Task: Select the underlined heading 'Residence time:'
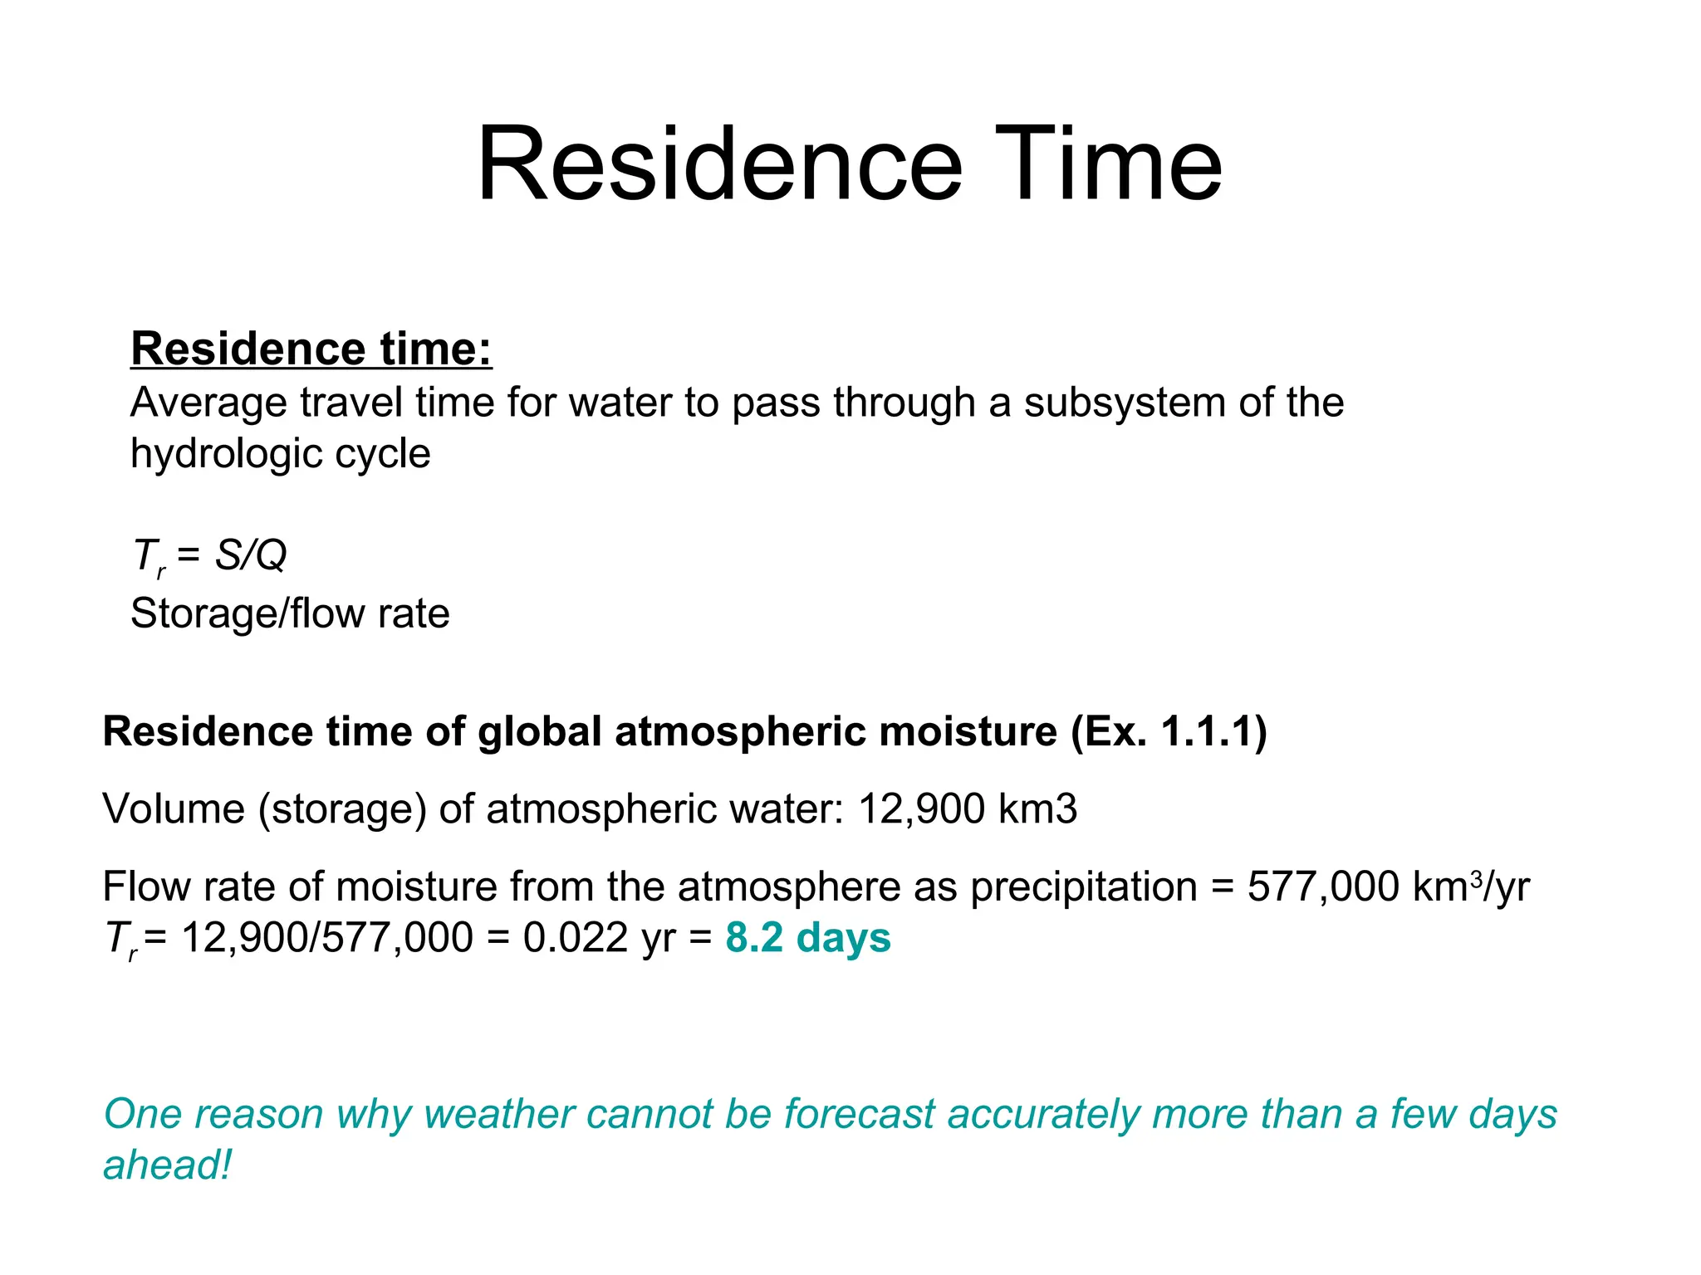[311, 349]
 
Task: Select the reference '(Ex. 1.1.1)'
[1169, 732]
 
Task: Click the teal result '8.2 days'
[807, 938]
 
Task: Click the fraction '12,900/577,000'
[326, 938]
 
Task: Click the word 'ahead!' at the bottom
[167, 1165]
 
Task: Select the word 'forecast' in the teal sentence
[860, 1115]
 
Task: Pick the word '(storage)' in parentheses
[342, 809]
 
